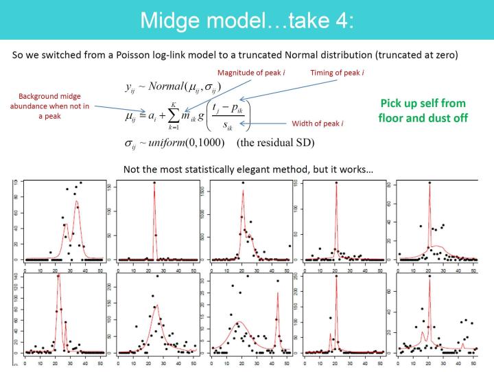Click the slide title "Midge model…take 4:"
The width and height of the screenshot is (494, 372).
point(247,20)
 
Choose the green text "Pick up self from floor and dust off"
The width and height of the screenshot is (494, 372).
point(422,111)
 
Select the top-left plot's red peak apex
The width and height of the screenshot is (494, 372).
point(77,202)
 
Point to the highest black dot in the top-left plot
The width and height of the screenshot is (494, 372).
point(80,183)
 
